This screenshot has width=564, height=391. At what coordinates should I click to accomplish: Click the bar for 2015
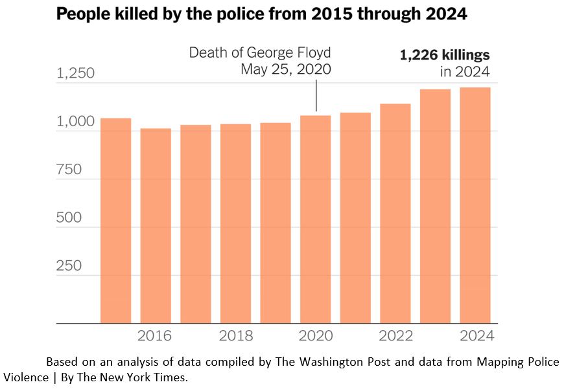115,220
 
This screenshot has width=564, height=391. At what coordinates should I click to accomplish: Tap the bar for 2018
235,223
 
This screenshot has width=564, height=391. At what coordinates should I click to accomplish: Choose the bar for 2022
395,213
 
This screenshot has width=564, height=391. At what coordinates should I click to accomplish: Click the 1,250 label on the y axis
76,74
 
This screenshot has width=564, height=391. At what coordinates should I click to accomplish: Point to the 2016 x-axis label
155,336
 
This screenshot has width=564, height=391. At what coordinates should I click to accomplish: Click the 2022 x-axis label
395,336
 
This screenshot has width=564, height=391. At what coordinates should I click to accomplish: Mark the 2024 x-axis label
476,336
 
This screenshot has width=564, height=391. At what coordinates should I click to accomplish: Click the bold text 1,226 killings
445,56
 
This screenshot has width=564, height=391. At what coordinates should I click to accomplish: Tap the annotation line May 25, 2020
286,69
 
